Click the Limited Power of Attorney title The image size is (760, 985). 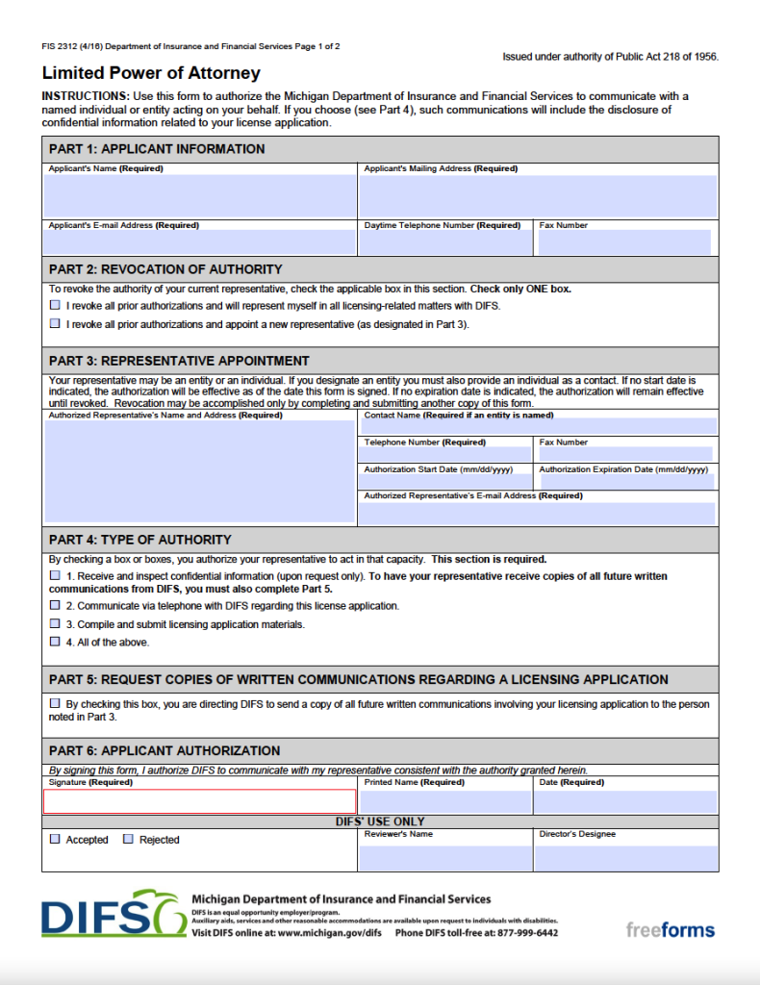click(151, 73)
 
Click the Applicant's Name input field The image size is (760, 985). click(199, 196)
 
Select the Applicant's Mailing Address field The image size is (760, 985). click(538, 196)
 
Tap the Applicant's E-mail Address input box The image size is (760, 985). click(199, 242)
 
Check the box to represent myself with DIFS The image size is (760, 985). click(55, 306)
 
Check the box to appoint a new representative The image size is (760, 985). click(55, 324)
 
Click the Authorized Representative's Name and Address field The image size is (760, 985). click(199, 471)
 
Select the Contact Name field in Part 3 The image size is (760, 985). click(538, 426)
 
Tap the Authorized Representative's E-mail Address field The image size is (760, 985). click(538, 513)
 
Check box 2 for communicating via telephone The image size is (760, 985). click(55, 606)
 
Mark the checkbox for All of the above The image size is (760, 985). click(55, 642)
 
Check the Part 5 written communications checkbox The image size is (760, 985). click(55, 704)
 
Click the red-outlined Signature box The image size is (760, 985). click(199, 801)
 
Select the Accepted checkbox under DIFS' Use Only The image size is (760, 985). click(55, 840)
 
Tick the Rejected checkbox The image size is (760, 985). click(128, 840)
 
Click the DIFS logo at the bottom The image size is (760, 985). click(112, 914)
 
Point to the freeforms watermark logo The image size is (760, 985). click(670, 929)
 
